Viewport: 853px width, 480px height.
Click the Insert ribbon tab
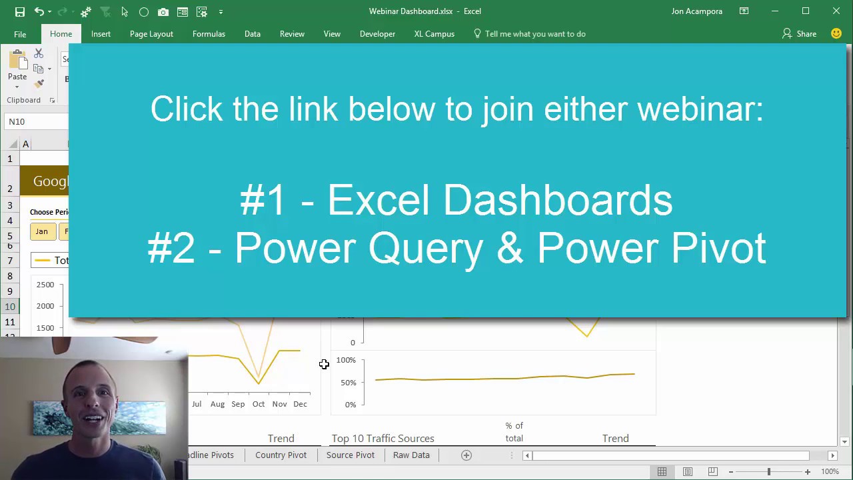click(101, 34)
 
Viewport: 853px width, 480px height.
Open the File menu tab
click(20, 34)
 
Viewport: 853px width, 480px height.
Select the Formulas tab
click(209, 34)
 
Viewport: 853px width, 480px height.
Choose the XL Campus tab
click(434, 34)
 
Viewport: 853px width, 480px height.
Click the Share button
click(799, 34)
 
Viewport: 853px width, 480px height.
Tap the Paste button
click(17, 67)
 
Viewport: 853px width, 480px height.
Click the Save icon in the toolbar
click(20, 11)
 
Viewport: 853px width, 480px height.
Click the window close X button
click(836, 11)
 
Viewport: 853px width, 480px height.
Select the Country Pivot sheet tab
click(281, 455)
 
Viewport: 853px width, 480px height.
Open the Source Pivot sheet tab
click(350, 455)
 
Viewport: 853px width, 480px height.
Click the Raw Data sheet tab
click(411, 455)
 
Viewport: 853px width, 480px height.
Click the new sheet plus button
click(466, 455)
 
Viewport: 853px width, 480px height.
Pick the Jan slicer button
click(42, 231)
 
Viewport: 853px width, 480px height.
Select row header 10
click(10, 307)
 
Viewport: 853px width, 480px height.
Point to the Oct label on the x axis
click(259, 404)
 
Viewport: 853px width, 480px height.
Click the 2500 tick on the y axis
click(45, 285)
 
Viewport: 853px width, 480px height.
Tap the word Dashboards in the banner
click(557, 200)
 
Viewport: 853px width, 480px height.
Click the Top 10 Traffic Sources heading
click(383, 438)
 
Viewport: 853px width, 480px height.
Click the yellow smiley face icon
click(836, 33)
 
